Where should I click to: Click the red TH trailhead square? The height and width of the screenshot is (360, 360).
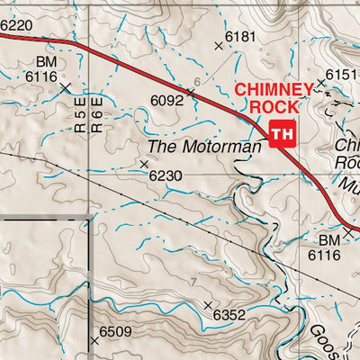click(x=282, y=133)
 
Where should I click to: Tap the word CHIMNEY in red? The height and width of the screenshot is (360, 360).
click(x=274, y=89)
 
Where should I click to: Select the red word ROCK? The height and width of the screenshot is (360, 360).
click(x=270, y=106)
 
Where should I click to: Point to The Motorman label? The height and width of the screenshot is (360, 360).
click(x=193, y=146)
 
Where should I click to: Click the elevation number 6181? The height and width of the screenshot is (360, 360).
click(x=241, y=36)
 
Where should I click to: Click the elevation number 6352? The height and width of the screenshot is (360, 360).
click(x=230, y=315)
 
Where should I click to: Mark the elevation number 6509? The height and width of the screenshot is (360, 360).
click(x=116, y=332)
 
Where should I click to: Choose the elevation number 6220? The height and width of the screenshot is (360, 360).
click(x=15, y=27)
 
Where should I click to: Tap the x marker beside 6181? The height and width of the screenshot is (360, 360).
click(x=218, y=44)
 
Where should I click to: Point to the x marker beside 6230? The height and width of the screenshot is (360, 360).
click(x=144, y=164)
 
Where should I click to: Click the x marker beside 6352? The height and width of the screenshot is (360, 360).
click(x=208, y=306)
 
